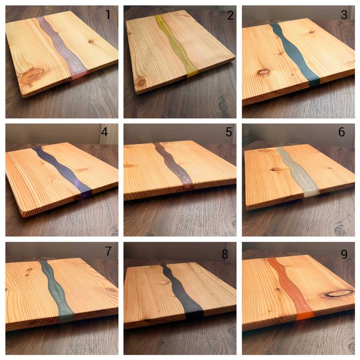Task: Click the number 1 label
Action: point(108,15)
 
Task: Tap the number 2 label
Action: point(230,15)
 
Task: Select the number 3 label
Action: point(344,15)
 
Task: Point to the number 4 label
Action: point(104,132)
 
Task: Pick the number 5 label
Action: point(229,132)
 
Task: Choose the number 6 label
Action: point(341,132)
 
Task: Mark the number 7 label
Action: point(109,251)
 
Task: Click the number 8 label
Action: point(225,254)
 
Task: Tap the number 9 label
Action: point(344,254)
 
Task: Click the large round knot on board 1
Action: point(31,77)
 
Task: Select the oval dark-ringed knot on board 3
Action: point(263,72)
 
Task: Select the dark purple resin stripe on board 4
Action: point(63,169)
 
